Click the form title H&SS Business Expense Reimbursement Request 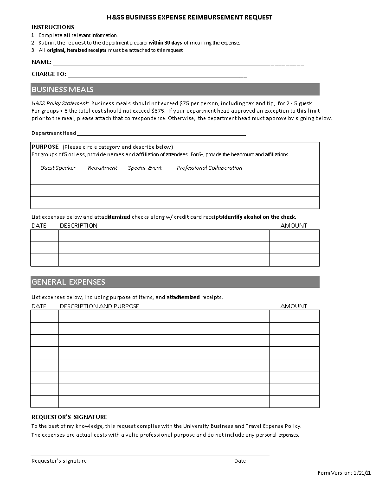point(189,17)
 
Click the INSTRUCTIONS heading point(52,27)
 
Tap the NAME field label point(41,62)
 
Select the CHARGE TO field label point(49,74)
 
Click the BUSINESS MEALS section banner point(175,89)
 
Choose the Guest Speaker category point(58,168)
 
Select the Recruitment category point(103,168)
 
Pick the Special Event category point(145,168)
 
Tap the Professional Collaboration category point(209,168)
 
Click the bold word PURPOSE point(45,147)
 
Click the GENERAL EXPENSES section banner point(175,282)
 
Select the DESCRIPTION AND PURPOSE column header point(99,306)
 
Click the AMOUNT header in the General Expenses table point(294,306)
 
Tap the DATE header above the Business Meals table point(39,226)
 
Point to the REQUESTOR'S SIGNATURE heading point(69,417)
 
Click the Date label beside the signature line point(240,461)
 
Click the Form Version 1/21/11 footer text point(344,473)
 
